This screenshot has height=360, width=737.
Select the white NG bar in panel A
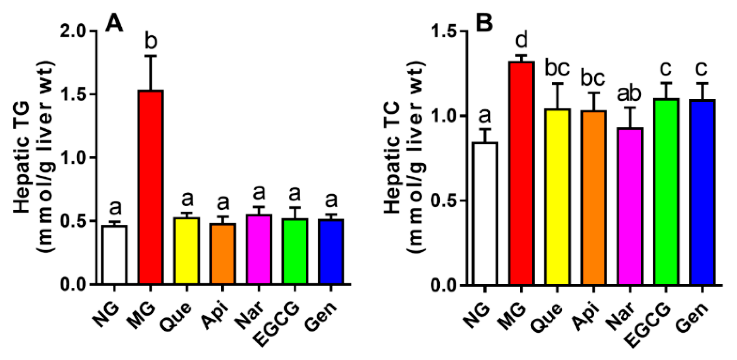point(114,254)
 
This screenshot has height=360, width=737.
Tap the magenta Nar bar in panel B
point(630,206)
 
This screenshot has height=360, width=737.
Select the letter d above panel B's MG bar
point(521,40)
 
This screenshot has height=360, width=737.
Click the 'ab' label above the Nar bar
point(629,94)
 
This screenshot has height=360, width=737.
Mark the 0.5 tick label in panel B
point(445,201)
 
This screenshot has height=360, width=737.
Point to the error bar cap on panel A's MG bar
point(150,56)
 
